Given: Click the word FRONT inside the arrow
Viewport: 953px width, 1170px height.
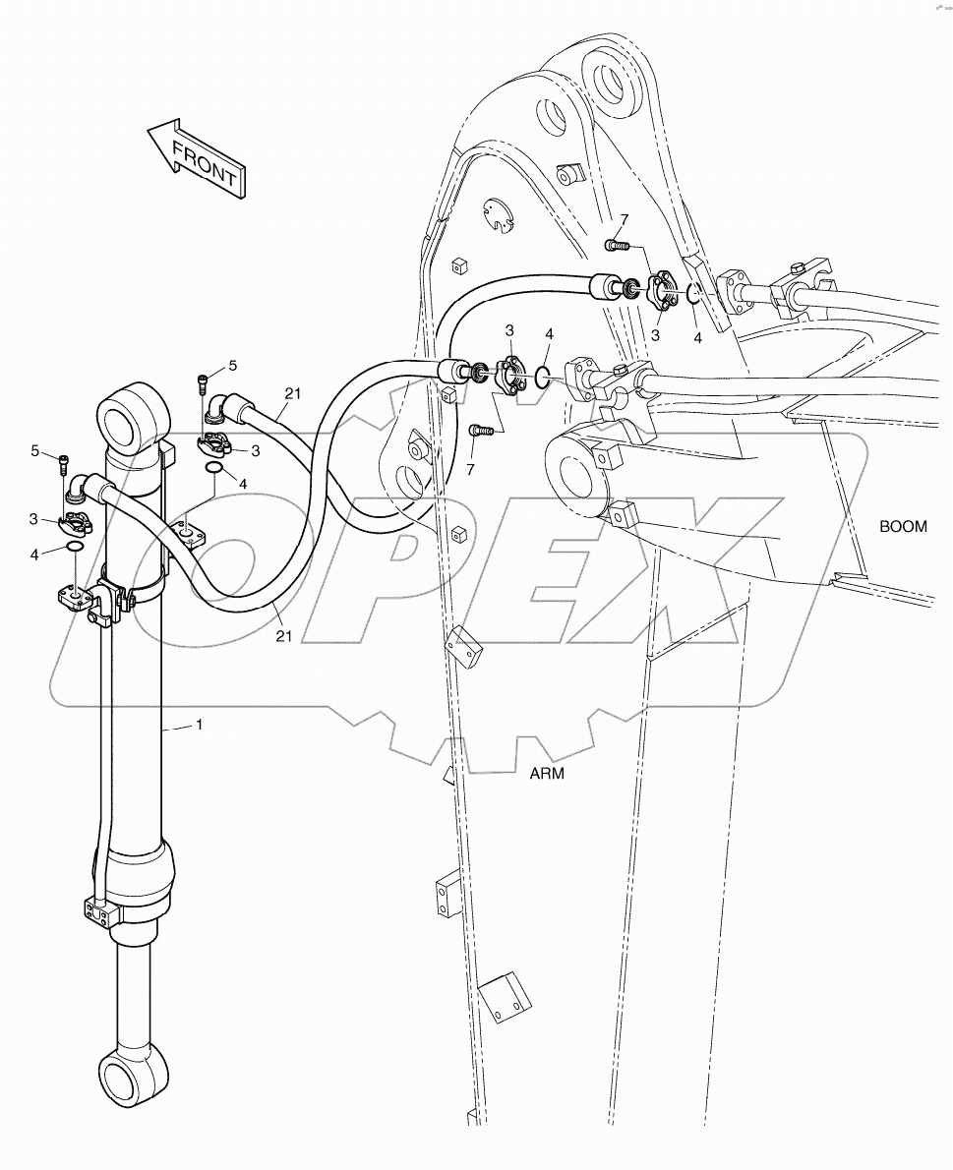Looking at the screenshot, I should (204, 163).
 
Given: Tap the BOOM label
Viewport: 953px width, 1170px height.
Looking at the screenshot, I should (902, 526).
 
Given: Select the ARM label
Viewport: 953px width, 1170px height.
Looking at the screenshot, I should (547, 773).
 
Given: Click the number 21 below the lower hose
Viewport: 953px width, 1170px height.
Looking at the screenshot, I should (283, 636).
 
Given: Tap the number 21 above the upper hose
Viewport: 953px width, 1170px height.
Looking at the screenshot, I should (293, 393).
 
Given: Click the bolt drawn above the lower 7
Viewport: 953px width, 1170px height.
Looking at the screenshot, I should (480, 430).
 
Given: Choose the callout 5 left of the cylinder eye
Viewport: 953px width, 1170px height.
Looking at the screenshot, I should (35, 450).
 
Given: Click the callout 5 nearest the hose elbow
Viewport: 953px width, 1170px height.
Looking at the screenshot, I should (233, 366).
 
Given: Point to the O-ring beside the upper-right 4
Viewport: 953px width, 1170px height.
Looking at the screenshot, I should (692, 292).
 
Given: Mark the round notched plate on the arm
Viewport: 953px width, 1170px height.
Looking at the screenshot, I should (500, 217).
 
